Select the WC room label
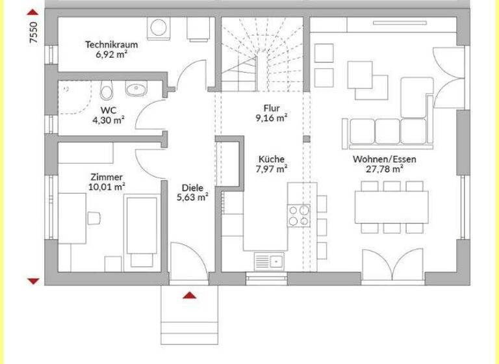(108, 110)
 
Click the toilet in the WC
(108, 90)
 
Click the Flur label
(271, 109)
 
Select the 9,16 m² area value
(271, 118)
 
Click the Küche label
(271, 159)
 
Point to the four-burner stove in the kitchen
(299, 215)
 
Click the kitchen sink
(269, 261)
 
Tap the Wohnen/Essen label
(385, 159)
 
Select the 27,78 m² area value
(385, 169)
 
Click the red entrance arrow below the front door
(189, 296)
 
